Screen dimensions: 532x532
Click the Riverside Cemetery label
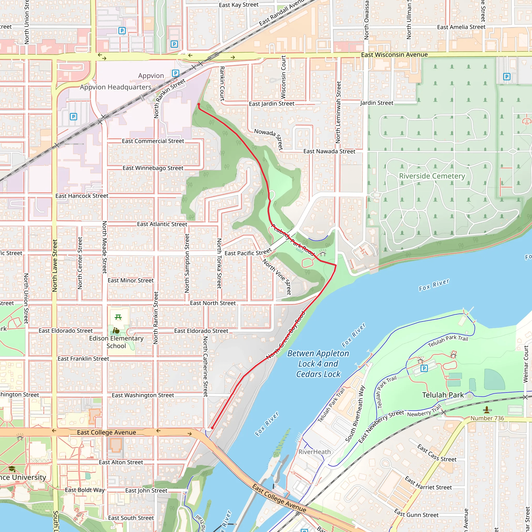[432, 176]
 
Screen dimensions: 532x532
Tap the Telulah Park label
[443, 395]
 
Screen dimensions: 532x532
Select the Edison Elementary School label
[116, 342]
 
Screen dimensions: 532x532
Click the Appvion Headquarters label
[116, 87]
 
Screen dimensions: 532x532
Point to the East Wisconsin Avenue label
[394, 55]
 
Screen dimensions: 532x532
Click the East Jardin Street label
[271, 104]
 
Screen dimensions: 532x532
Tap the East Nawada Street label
[329, 151]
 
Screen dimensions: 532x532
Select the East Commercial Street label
[153, 141]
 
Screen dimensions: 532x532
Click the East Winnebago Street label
[153, 168]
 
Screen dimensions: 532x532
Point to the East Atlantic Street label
[162, 224]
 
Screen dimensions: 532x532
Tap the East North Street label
[213, 303]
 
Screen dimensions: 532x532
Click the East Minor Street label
[130, 280]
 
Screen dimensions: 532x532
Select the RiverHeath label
[315, 452]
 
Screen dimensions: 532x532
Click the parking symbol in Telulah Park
[424, 368]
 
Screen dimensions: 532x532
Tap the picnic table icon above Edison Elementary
[118, 317]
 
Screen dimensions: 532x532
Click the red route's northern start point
[199, 104]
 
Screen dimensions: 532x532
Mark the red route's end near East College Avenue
[212, 428]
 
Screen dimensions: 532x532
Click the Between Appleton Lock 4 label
[318, 364]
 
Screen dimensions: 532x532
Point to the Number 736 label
[487, 418]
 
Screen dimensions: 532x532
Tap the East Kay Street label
[238, 5]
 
